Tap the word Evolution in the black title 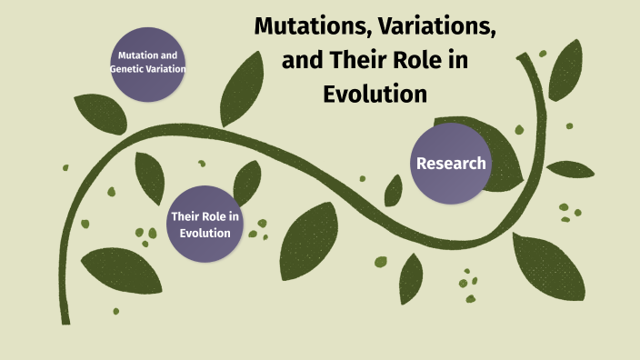[375, 95]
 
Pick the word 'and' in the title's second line [300, 61]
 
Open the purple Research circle [451, 164]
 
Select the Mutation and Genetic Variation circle [147, 62]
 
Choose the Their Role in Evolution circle [205, 224]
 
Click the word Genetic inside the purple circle [129, 69]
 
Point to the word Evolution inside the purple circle [205, 233]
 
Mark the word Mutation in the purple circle [135, 56]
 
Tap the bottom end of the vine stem [65, 318]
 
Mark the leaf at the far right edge [571, 169]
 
